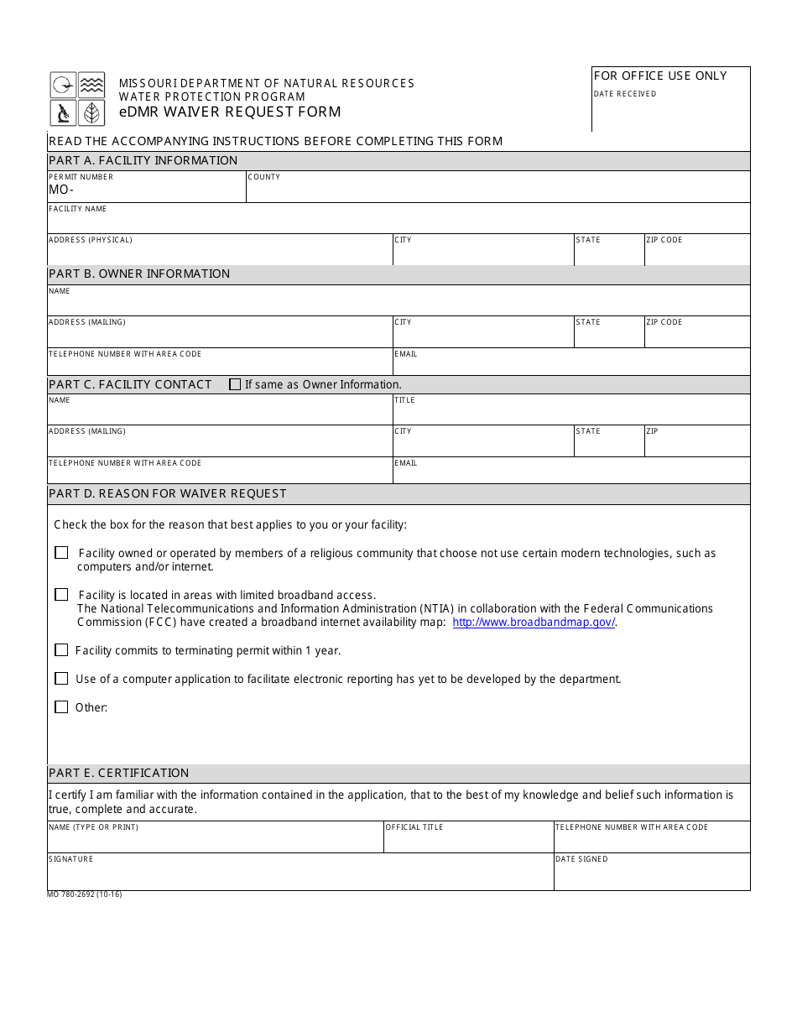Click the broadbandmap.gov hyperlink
(x=534, y=623)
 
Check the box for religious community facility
(x=61, y=553)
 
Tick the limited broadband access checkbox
(x=61, y=595)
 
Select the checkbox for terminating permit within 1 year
(x=61, y=650)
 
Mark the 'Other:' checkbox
(x=61, y=707)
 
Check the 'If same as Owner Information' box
(x=235, y=384)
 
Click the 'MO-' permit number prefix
(x=61, y=190)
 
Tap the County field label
(x=264, y=177)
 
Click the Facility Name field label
(x=77, y=209)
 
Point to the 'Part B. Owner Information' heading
(x=139, y=274)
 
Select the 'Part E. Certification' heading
(x=119, y=773)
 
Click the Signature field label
(x=71, y=859)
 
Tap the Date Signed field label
(x=581, y=859)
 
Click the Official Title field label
(x=414, y=827)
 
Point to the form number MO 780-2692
(x=85, y=894)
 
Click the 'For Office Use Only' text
(x=660, y=76)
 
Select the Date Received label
(x=625, y=94)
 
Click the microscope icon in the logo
(x=63, y=112)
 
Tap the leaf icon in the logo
(x=91, y=112)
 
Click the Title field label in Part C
(x=404, y=400)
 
